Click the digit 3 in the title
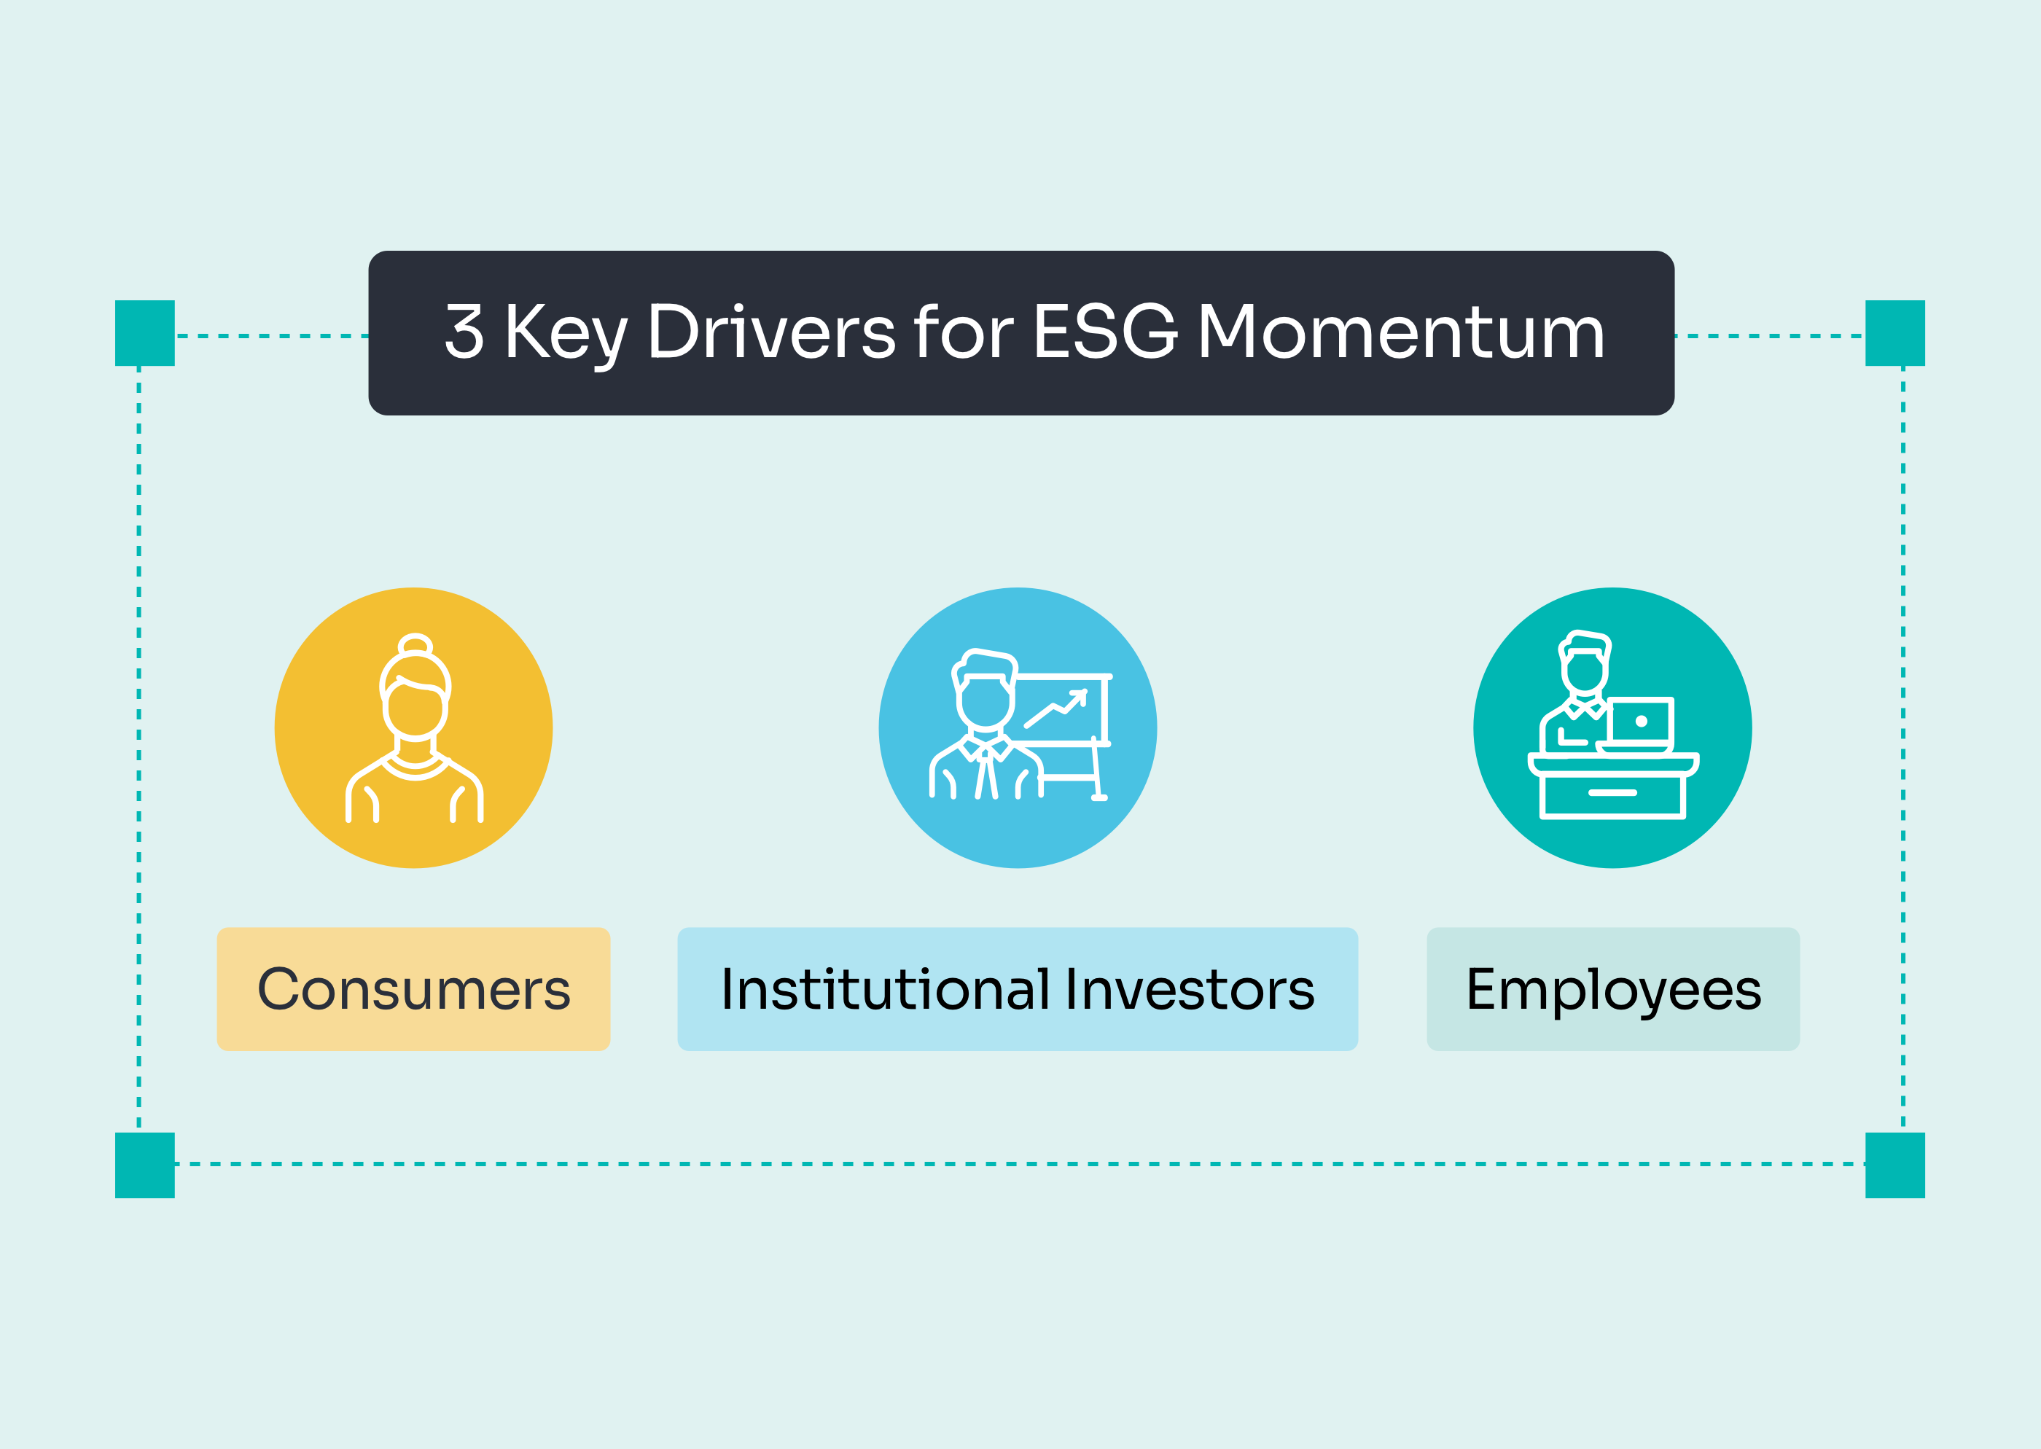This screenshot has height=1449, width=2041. point(465,331)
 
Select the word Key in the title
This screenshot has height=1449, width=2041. point(567,335)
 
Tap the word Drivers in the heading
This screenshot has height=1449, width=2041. point(772,331)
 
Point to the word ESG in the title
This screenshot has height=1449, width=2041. point(1106,331)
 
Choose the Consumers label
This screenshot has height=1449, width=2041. point(414,988)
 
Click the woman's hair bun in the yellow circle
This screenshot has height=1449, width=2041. point(415,644)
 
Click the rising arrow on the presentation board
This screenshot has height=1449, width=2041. point(1055,708)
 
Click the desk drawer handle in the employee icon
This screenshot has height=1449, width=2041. point(1613,792)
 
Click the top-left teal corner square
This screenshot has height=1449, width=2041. point(144,333)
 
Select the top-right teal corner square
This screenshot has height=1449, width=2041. point(1896,333)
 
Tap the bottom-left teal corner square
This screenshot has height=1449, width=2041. point(144,1165)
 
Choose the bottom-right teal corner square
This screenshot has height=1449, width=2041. point(1896,1165)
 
